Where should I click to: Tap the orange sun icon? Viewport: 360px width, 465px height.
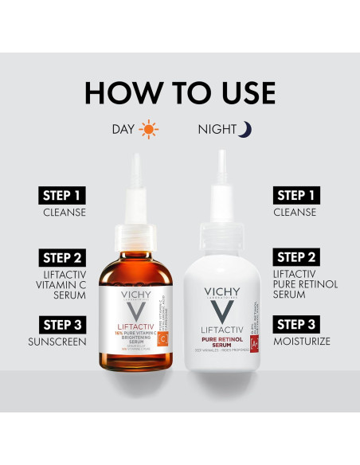tap(148, 128)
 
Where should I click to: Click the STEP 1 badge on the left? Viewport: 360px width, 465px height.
tap(62, 196)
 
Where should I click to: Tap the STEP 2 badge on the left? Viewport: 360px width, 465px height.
tap(62, 257)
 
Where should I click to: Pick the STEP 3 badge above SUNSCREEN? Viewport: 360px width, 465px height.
tap(62, 324)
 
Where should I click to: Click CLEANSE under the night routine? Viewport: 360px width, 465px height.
tap(295, 213)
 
